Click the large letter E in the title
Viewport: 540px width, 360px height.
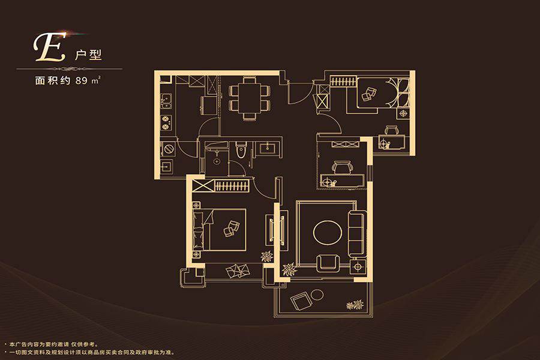49,47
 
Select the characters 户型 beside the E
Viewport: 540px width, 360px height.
89,55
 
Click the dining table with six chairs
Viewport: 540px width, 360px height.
250,98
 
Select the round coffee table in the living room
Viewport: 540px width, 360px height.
328,233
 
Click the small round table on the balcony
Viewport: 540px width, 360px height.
317,295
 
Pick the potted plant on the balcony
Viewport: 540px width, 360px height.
355,305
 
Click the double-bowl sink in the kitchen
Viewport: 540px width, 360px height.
166,101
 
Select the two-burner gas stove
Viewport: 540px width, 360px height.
166,123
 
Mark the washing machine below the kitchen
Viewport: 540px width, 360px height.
169,149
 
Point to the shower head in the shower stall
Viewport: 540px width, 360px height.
217,161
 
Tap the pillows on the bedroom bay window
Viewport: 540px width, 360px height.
238,271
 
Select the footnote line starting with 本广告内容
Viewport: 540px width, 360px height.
52,344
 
